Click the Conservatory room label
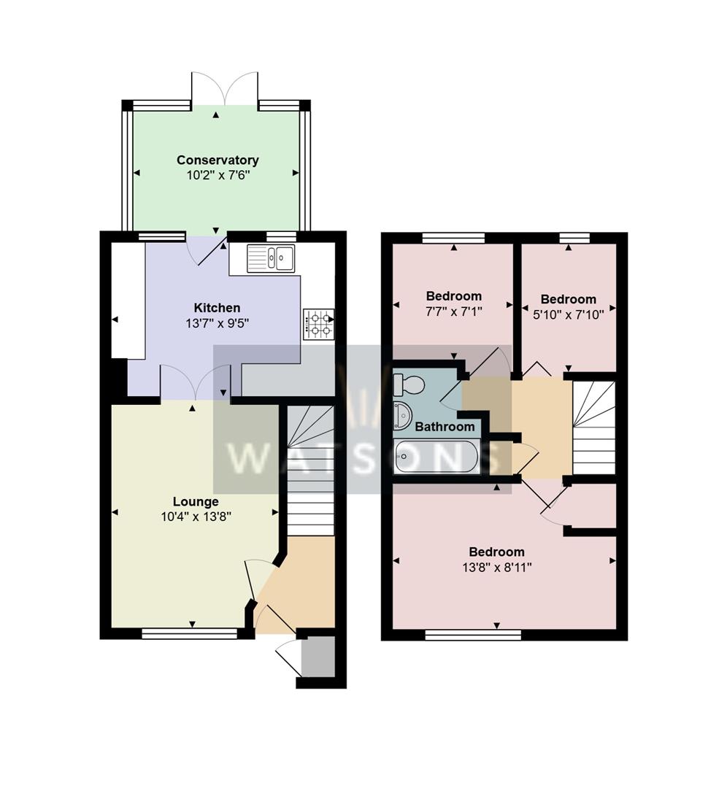pyautogui.click(x=218, y=160)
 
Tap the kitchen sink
pyautogui.click(x=271, y=258)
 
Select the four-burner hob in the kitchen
pyautogui.click(x=318, y=323)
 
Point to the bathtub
pyautogui.click(x=436, y=458)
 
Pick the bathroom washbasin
pyautogui.click(x=402, y=414)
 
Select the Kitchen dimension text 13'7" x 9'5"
pyautogui.click(x=217, y=322)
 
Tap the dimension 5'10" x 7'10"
pyautogui.click(x=568, y=314)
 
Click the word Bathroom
pyautogui.click(x=445, y=427)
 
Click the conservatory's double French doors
pyautogui.click(x=224, y=89)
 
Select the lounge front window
pyautogui.click(x=189, y=634)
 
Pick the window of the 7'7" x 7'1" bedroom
pyautogui.click(x=453, y=237)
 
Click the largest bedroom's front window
pyautogui.click(x=472, y=636)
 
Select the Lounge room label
pyautogui.click(x=196, y=502)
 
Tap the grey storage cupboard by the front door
pyautogui.click(x=318, y=657)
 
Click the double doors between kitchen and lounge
pyautogui.click(x=193, y=384)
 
